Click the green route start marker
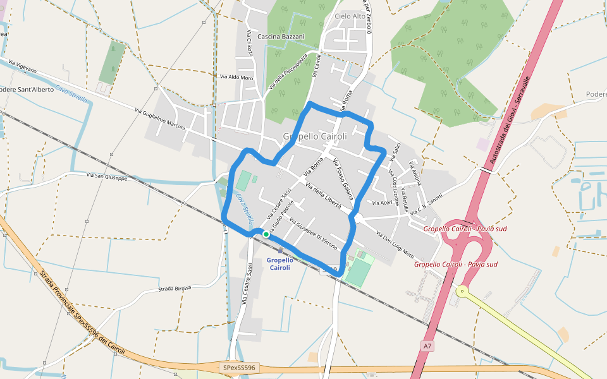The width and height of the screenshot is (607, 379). click(266, 234)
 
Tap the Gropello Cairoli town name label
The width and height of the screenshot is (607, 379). click(315, 136)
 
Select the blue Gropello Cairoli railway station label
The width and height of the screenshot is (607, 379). click(280, 263)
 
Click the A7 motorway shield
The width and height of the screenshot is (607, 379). click(428, 346)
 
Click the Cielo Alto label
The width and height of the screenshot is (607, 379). click(350, 16)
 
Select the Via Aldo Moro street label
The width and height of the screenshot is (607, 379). click(236, 77)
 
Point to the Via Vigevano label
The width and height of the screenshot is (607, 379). click(23, 66)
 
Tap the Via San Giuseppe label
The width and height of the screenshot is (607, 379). click(107, 177)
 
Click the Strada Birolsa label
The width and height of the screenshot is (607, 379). click(174, 289)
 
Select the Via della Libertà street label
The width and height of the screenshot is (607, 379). click(323, 196)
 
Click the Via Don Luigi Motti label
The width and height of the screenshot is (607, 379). click(395, 245)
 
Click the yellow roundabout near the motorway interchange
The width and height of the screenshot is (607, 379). click(462, 291)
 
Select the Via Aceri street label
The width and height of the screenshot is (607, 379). click(383, 203)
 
